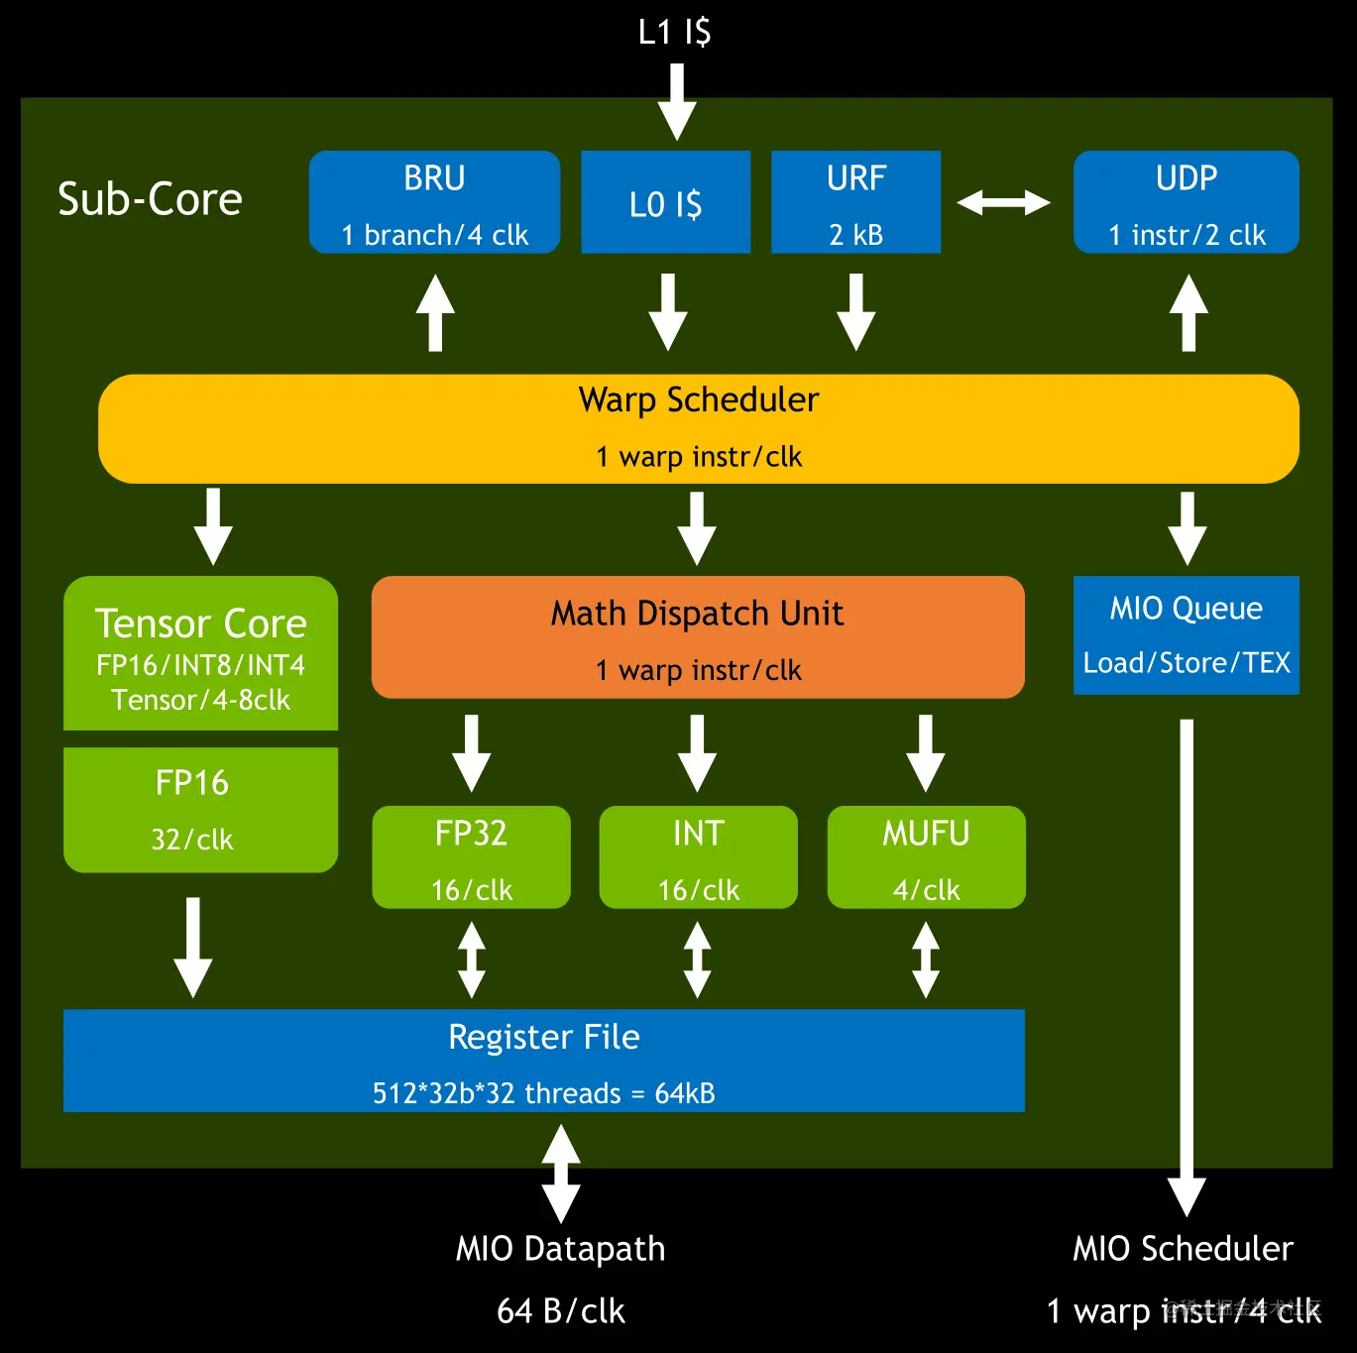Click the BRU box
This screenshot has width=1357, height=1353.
pyautogui.click(x=434, y=202)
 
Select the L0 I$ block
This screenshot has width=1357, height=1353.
pyautogui.click(x=665, y=202)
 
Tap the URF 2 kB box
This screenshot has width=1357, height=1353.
pyautogui.click(x=855, y=202)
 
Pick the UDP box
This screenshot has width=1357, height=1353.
pyautogui.click(x=1186, y=202)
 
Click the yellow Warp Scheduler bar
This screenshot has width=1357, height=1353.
pyautogui.click(x=698, y=428)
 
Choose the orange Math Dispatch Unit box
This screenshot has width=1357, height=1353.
pyautogui.click(x=698, y=637)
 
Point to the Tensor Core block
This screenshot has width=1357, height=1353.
pyautogui.click(x=200, y=653)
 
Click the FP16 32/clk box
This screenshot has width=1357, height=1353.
pyautogui.click(x=200, y=810)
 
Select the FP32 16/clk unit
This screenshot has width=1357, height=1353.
pyautogui.click(x=471, y=857)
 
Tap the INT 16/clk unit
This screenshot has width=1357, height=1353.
pyautogui.click(x=698, y=857)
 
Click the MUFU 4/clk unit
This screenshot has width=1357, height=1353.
pyautogui.click(x=926, y=857)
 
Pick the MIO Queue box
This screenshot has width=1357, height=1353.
pyautogui.click(x=1186, y=635)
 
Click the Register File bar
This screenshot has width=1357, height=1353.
pyautogui.click(x=543, y=1061)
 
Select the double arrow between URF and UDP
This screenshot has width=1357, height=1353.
pyautogui.click(x=1003, y=202)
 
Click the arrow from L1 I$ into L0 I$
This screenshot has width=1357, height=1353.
pyautogui.click(x=677, y=101)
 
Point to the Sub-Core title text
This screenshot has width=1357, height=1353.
pyautogui.click(x=150, y=199)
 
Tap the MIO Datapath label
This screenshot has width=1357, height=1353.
pyautogui.click(x=560, y=1249)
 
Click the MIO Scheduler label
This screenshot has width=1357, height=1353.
pyautogui.click(x=1183, y=1249)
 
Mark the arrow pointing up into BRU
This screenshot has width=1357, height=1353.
pyautogui.click(x=435, y=312)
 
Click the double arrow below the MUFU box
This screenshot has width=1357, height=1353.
pyautogui.click(x=926, y=959)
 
